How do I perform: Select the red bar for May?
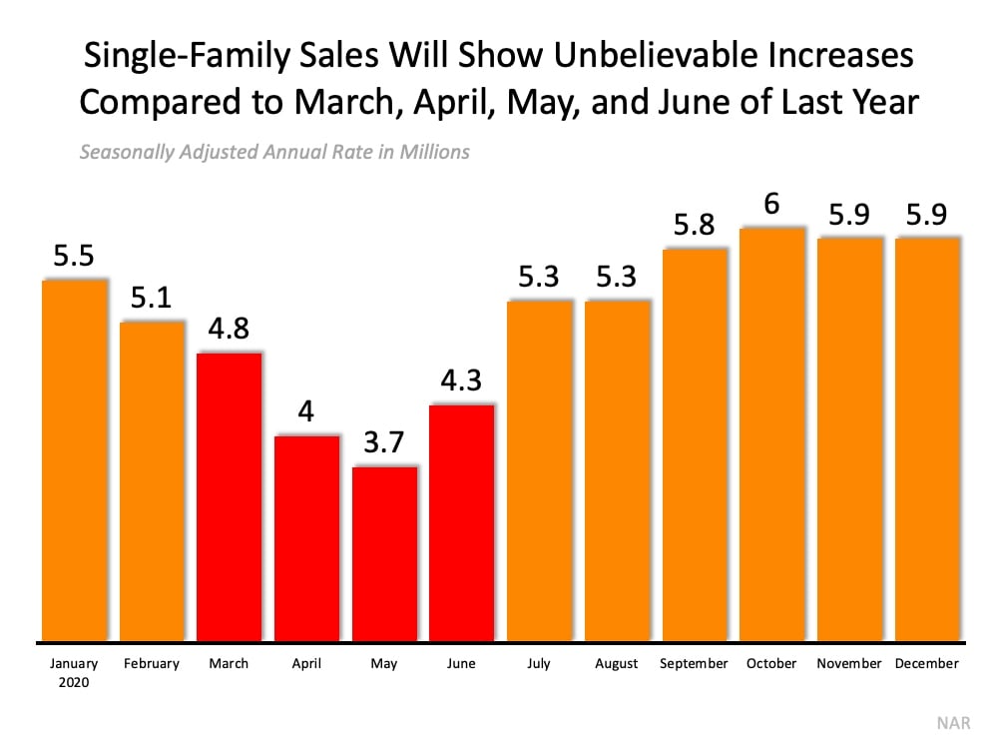[x=384, y=554]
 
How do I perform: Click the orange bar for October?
[x=771, y=434]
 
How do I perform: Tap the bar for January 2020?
[x=74, y=459]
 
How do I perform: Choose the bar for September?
[x=694, y=444]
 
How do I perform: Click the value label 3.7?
[x=384, y=444]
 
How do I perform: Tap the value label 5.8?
[x=694, y=226]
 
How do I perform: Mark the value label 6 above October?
[x=771, y=205]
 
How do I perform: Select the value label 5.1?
[x=152, y=299]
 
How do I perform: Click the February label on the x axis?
[x=152, y=663]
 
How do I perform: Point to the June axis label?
[x=462, y=663]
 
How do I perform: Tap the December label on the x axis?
[x=927, y=663]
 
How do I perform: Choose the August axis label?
[x=617, y=663]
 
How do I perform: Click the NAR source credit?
[x=953, y=724]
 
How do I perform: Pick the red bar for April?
[x=306, y=539]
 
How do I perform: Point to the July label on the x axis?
[x=539, y=663]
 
